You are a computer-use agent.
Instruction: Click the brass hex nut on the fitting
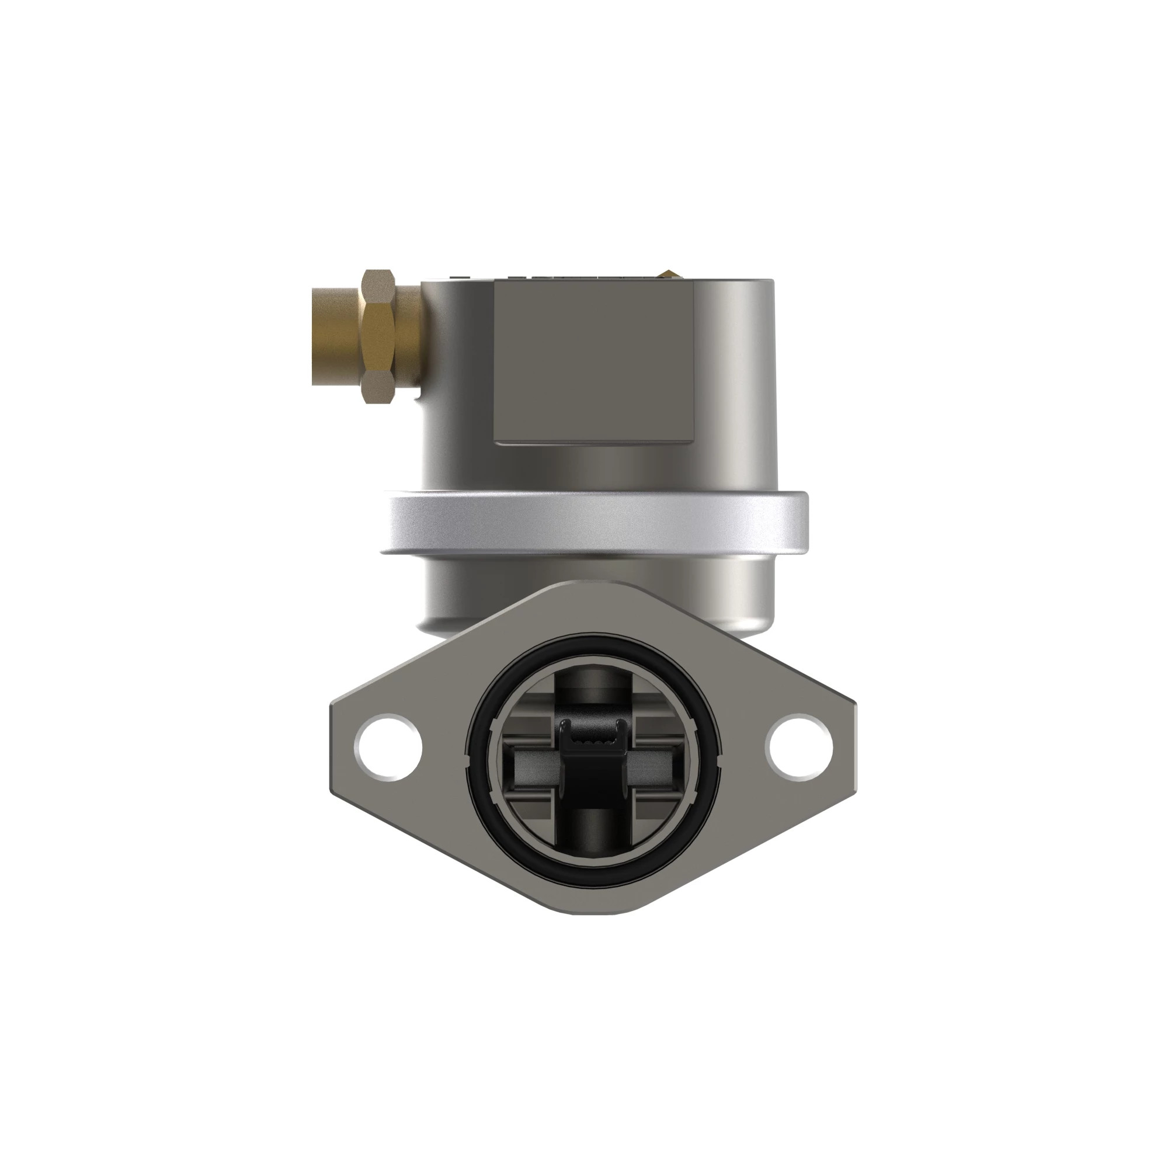[x=378, y=337]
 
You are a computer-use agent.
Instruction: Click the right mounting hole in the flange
[x=799, y=748]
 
